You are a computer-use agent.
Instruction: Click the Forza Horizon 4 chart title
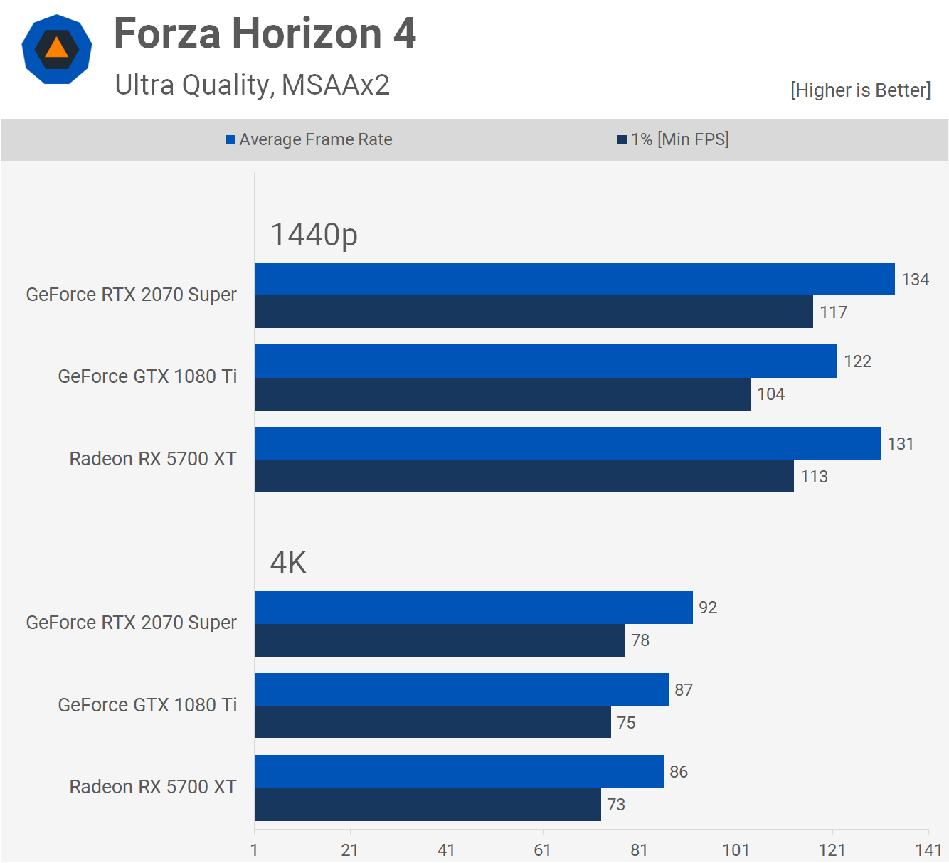(265, 33)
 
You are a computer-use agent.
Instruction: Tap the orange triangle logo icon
(57, 49)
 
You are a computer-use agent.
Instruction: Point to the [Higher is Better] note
(860, 90)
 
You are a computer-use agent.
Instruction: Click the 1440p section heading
(314, 235)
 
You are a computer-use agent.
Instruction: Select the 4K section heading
(288, 563)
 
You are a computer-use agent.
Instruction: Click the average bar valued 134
(574, 279)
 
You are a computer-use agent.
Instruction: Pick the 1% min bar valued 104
(502, 394)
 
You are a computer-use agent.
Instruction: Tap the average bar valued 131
(567, 443)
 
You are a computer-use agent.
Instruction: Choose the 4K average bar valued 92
(473, 608)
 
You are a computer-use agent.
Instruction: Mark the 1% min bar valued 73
(428, 805)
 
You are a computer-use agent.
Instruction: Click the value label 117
(833, 312)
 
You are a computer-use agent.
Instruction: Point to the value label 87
(684, 690)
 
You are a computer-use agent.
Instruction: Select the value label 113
(814, 477)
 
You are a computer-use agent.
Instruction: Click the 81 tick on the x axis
(639, 849)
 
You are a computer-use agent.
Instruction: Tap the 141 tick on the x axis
(928, 849)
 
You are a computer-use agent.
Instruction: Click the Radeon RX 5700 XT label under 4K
(153, 787)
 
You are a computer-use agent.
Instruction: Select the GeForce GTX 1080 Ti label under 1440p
(147, 376)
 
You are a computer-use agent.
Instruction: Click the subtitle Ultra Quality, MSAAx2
(252, 85)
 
